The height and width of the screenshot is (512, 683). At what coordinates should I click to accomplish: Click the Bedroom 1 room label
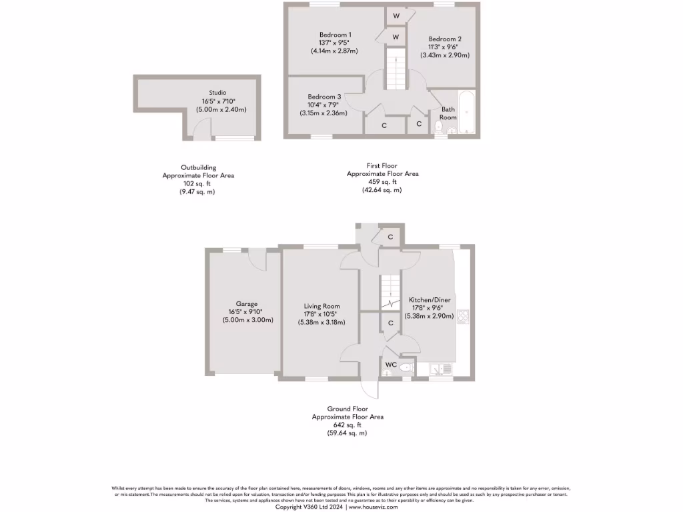(x=335, y=35)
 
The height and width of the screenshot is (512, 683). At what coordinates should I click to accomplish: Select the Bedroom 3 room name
(x=324, y=97)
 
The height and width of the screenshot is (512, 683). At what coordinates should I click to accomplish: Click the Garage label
(x=246, y=304)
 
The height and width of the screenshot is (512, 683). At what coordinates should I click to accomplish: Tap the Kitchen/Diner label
(x=430, y=300)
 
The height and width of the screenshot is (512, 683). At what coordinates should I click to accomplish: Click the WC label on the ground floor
(x=391, y=365)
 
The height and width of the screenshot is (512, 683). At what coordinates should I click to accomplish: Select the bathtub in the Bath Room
(x=466, y=111)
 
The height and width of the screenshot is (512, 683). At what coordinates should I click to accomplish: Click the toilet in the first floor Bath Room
(x=440, y=127)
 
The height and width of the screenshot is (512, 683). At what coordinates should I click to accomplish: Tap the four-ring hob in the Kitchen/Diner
(x=463, y=317)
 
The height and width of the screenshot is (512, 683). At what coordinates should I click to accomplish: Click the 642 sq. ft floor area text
(x=348, y=425)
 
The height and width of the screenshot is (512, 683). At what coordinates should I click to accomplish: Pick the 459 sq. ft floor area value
(x=382, y=181)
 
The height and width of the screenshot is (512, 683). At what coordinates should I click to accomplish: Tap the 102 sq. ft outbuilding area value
(x=198, y=183)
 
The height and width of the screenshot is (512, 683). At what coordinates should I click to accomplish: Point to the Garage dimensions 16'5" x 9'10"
(x=246, y=312)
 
